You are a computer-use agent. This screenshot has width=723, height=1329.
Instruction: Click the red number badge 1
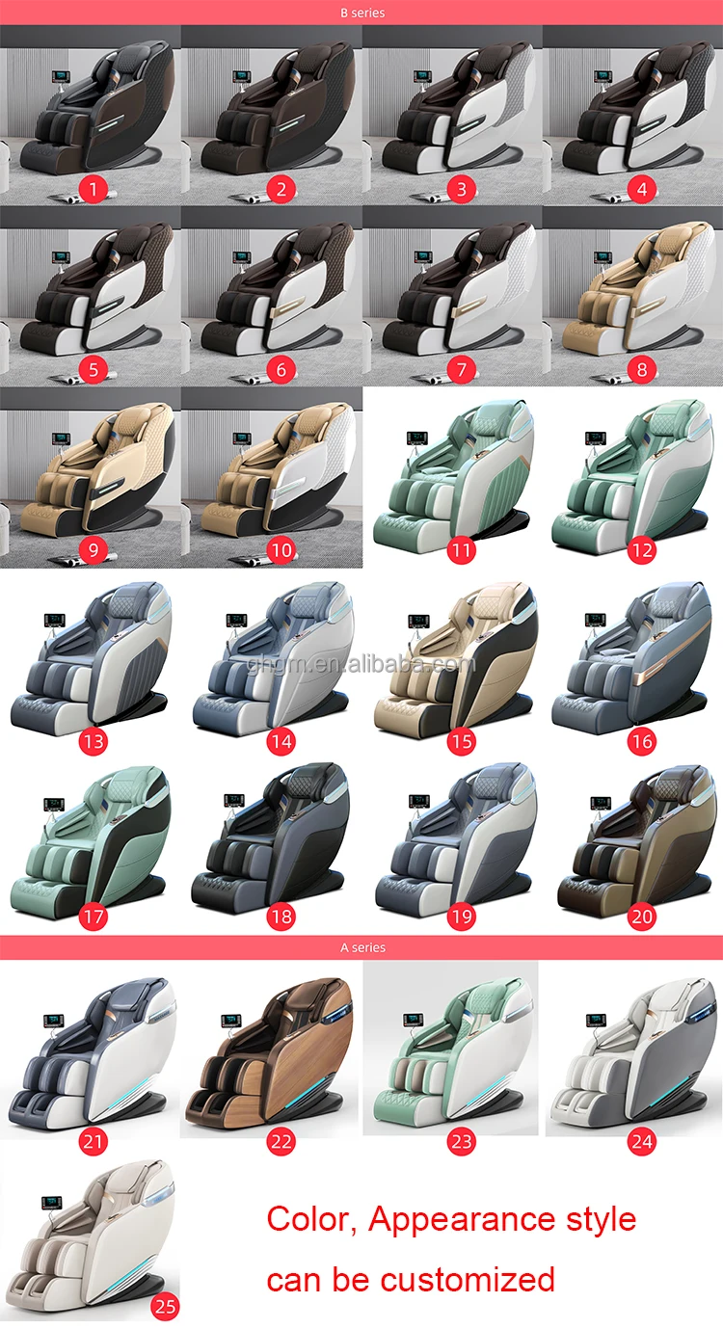pos(94,189)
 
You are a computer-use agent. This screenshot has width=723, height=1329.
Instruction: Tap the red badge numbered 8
pos(641,368)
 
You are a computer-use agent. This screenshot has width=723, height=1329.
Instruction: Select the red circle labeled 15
pos(462,741)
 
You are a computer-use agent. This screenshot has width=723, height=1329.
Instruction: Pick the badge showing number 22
pos(281,1141)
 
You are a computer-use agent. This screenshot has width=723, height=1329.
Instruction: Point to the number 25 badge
pos(166,1307)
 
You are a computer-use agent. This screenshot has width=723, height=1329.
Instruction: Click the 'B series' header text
pos(361,13)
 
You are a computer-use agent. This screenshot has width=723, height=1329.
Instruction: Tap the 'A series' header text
pos(362,947)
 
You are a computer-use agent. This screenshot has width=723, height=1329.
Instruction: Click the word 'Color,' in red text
pos(312,1219)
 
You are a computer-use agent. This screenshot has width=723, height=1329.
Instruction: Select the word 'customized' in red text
pos(468,1280)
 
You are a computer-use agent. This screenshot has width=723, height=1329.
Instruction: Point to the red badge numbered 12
pos(641,551)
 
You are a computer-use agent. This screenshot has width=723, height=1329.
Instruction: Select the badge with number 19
pos(462,917)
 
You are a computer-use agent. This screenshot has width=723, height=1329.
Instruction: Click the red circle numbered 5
pos(94,368)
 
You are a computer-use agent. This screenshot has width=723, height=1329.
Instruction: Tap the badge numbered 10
pos(281,550)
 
